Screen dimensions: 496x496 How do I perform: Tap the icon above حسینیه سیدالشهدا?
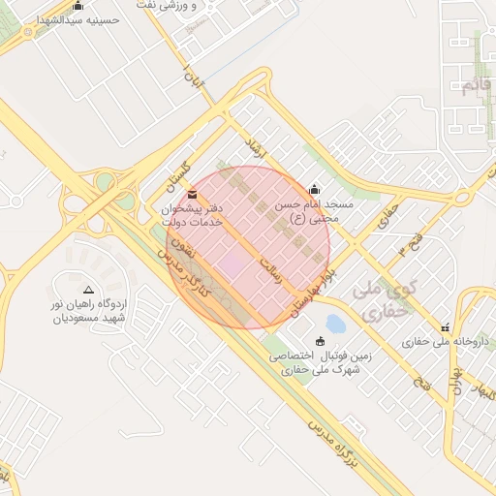78,5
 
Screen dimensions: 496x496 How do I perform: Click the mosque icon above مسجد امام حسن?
313,190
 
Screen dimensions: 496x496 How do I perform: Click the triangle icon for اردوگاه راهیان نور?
89,290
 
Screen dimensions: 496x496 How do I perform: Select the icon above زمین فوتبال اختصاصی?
321,340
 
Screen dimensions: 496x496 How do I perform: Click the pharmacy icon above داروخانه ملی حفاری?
445,328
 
